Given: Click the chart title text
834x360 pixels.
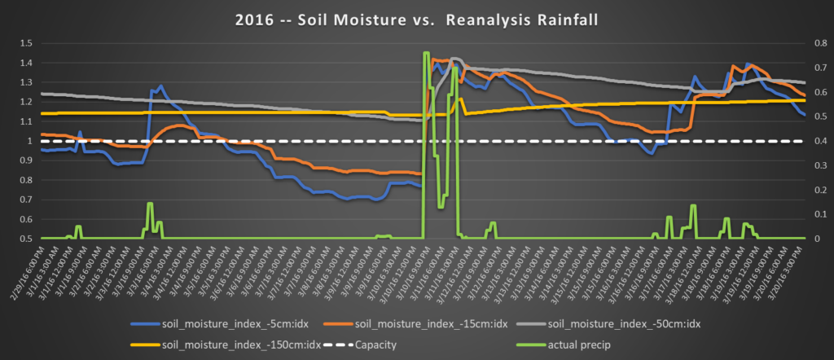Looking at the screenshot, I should pos(417,19).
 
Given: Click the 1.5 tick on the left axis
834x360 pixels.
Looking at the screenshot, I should pos(26,42).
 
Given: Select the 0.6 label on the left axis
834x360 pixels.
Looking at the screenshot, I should pos(26,220).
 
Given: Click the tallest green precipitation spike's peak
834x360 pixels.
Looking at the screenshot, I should pos(426,53).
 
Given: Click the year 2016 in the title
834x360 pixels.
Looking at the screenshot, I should pos(254,19).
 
